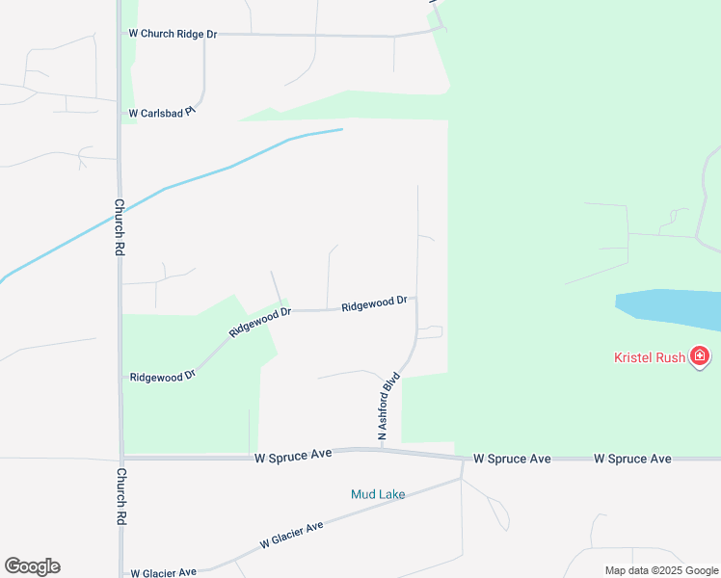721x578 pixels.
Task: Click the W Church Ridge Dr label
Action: (x=173, y=34)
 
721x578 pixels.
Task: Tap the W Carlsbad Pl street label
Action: (x=162, y=113)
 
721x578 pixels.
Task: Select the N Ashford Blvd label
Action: (x=388, y=407)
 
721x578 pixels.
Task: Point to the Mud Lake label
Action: (x=378, y=494)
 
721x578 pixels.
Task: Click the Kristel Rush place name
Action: (x=650, y=357)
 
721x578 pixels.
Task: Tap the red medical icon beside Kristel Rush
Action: (x=700, y=357)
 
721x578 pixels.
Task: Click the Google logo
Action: (x=32, y=566)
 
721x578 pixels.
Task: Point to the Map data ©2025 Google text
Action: (x=661, y=570)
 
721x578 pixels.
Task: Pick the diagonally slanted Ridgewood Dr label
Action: (x=260, y=322)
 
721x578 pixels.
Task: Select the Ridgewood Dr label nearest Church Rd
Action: (x=162, y=376)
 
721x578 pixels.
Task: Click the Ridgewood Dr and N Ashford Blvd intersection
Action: (x=416, y=299)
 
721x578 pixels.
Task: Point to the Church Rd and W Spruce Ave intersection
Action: (x=121, y=459)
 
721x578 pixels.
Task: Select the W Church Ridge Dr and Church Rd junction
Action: (x=119, y=34)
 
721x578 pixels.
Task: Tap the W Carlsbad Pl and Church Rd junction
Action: (x=120, y=114)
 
